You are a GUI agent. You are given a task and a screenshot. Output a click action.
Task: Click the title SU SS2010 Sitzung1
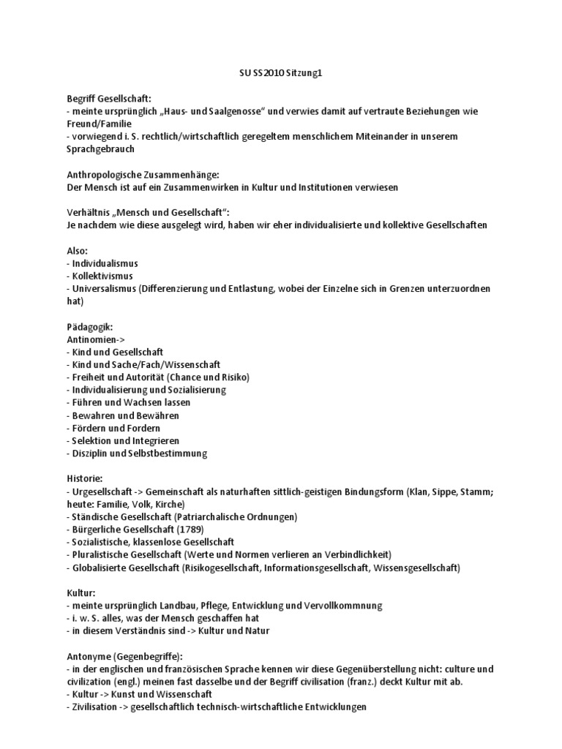(281, 73)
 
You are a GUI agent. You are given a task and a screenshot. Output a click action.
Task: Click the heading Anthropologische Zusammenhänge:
(138, 175)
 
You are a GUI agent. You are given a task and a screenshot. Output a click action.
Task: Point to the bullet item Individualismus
(105, 263)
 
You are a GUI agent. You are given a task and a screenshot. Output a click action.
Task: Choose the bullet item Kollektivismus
(102, 276)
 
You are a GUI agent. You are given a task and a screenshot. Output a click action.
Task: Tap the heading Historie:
(86, 479)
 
